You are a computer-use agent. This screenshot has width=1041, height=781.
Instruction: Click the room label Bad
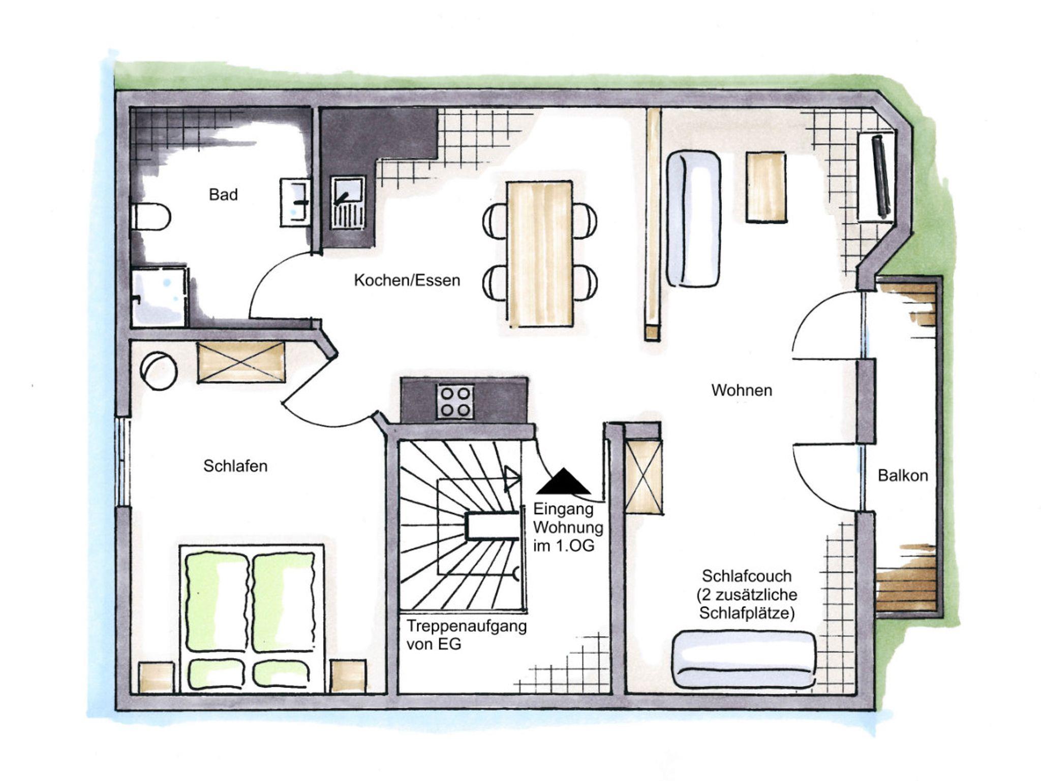click(223, 194)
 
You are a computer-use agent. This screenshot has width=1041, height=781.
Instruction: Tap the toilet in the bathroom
click(150, 217)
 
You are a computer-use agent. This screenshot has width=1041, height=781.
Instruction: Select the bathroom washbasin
click(295, 202)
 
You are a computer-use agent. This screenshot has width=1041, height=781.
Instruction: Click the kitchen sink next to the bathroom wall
click(348, 202)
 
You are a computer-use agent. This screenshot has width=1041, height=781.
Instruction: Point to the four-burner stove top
click(455, 402)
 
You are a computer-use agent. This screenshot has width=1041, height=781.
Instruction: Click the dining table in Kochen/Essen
click(540, 253)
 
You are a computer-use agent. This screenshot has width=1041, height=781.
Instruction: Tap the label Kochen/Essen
click(407, 280)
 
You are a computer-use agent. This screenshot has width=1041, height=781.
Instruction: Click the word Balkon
click(903, 475)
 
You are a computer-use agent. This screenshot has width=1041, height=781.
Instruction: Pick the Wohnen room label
click(742, 390)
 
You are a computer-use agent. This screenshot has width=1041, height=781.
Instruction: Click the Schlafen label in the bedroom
click(235, 466)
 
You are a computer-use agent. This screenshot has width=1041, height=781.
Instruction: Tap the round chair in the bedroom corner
click(159, 371)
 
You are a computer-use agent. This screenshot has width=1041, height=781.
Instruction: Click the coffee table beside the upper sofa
click(767, 187)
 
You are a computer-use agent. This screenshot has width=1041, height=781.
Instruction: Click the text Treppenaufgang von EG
click(466, 635)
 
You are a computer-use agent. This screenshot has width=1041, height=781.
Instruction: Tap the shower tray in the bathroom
click(159, 297)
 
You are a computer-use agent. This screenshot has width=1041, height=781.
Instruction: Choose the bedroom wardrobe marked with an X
click(241, 362)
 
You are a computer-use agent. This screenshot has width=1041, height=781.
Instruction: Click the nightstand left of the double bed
click(157, 677)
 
